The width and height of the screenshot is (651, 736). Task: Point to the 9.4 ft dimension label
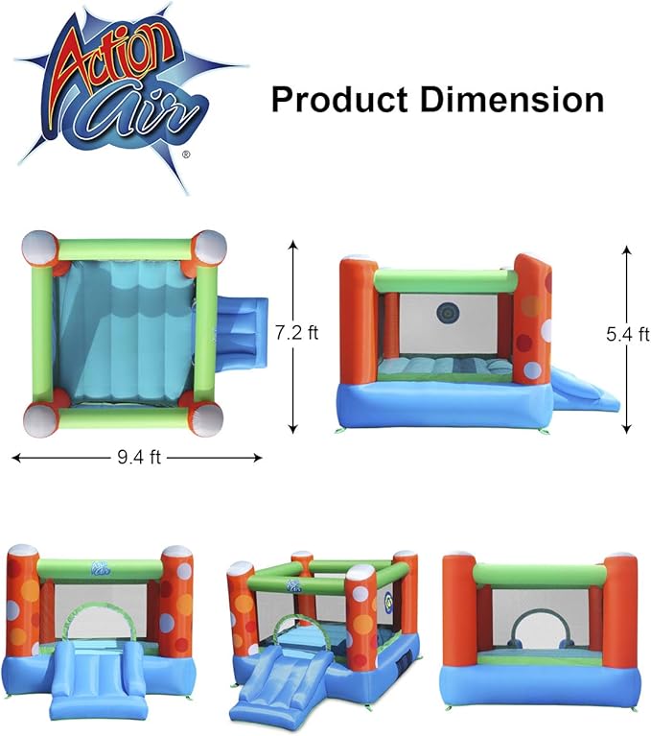137,458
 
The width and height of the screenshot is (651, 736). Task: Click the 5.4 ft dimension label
628,334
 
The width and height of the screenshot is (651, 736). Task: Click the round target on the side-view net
447,312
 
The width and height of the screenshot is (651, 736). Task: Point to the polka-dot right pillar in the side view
532,321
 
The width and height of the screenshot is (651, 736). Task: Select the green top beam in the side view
444,281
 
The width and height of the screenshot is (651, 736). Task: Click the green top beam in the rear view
539,575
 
